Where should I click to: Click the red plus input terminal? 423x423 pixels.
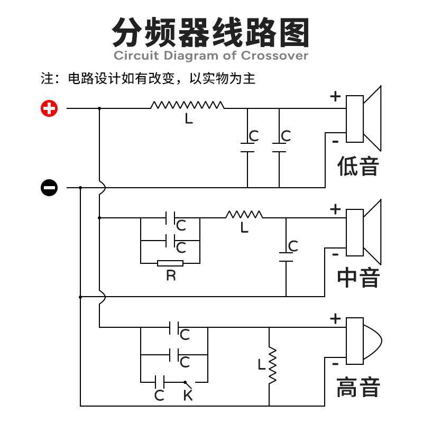point(49,109)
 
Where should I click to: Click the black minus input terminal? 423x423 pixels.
point(49,187)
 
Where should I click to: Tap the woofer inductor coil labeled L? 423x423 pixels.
point(187,105)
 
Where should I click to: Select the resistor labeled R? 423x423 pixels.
point(170,263)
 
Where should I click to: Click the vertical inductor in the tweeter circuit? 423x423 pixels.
point(273,365)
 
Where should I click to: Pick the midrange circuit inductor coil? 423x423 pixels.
point(244,215)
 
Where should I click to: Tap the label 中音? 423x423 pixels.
point(358,277)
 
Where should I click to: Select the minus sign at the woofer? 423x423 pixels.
point(335,141)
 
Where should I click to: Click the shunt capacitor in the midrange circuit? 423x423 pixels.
point(286,257)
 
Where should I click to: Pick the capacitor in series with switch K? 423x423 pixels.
point(160,381)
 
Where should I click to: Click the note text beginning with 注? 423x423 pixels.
point(148,79)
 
